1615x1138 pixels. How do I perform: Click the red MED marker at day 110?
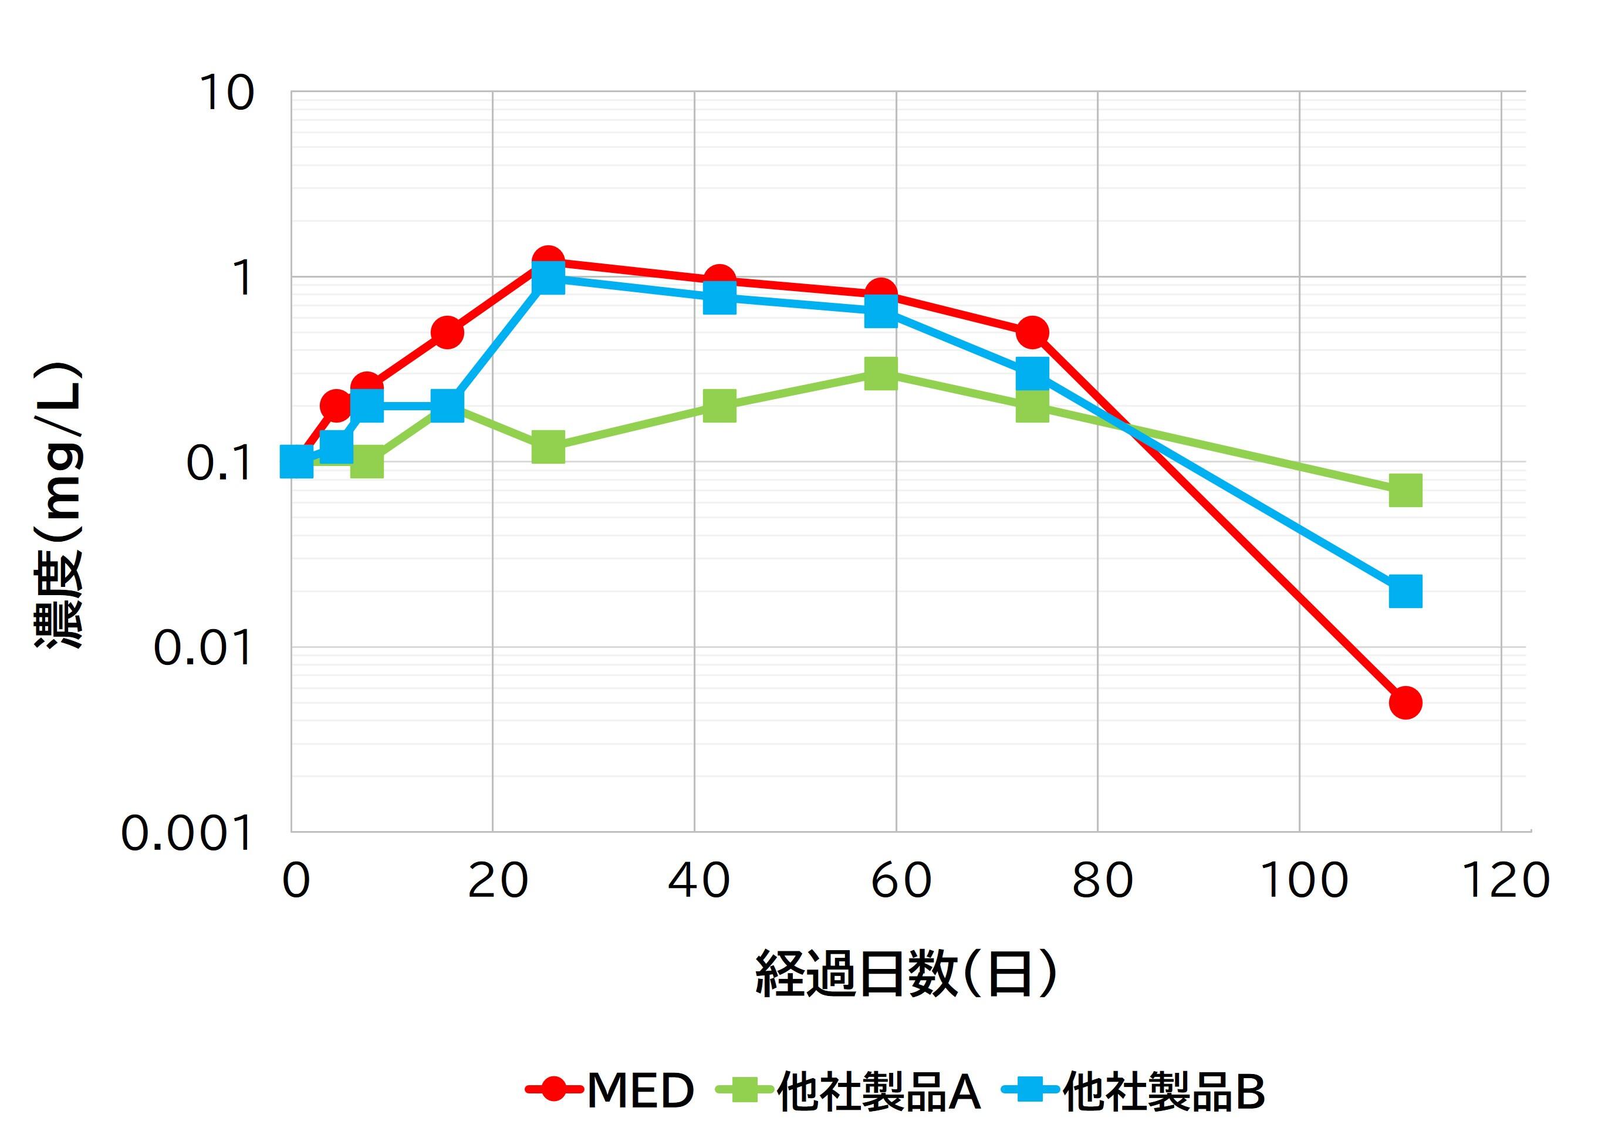pos(1405,702)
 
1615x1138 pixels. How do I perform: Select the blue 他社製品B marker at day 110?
pos(1405,591)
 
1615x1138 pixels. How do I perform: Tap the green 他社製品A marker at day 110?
pos(1405,490)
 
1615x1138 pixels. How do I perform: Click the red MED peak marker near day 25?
pos(548,261)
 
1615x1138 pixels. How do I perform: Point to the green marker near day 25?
pos(548,447)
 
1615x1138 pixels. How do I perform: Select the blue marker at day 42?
pos(719,298)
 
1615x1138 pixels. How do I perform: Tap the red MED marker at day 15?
pos(447,332)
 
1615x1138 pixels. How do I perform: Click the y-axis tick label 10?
pos(227,93)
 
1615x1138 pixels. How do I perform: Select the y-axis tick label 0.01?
pos(202,649)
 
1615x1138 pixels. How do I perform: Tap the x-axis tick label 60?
pos(901,880)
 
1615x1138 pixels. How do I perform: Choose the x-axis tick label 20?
pos(497,880)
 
